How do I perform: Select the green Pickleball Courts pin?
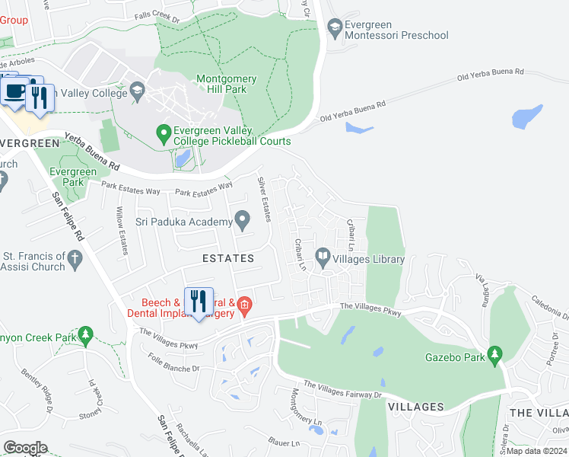click(163, 135)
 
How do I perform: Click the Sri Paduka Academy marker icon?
click(243, 222)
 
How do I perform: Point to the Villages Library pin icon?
click(323, 258)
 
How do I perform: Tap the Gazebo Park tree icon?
click(495, 355)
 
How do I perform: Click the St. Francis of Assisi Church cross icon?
click(75, 260)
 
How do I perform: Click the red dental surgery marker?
click(244, 307)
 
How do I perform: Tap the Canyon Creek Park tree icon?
click(87, 334)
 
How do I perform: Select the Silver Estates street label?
click(265, 200)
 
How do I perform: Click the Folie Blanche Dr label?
click(174, 362)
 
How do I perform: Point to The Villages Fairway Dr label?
click(343, 389)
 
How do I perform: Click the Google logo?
click(25, 447)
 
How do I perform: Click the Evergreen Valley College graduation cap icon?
click(137, 93)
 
